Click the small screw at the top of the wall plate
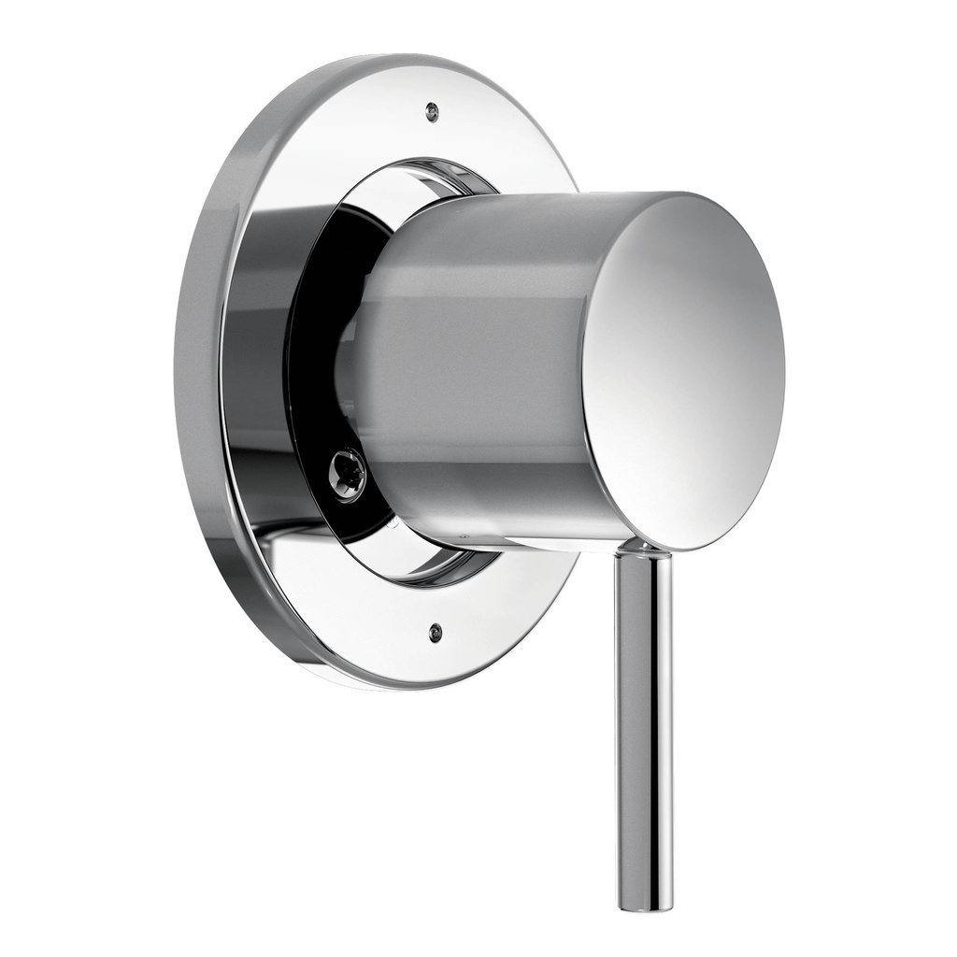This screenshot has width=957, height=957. [431, 111]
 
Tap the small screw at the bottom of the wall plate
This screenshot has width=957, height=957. [435, 632]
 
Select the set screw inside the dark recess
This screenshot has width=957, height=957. [347, 473]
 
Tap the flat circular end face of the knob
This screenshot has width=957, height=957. [687, 374]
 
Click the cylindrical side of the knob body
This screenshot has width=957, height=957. [477, 355]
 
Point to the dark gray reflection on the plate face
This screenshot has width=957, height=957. [257, 374]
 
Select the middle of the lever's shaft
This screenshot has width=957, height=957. [644, 729]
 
